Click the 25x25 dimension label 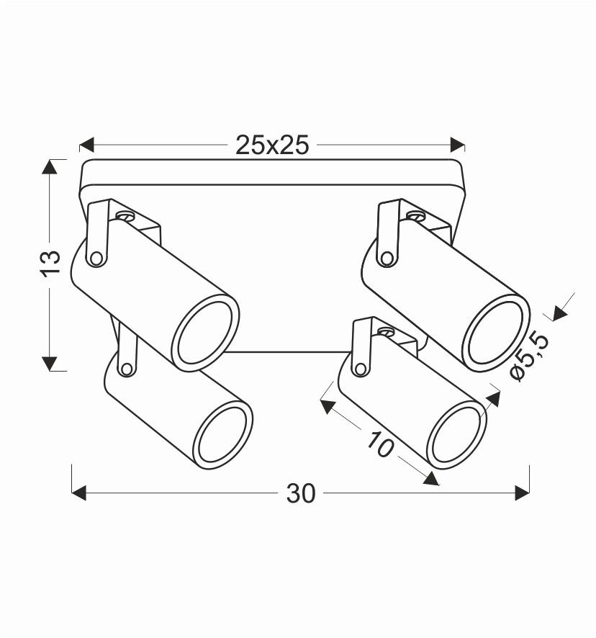point(272,145)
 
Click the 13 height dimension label point(50,264)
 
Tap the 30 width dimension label point(301,493)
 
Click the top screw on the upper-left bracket point(126,215)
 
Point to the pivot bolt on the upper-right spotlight point(387,257)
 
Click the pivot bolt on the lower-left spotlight point(127,369)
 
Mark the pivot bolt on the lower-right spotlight point(359,367)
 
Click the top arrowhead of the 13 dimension point(50,167)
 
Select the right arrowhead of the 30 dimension point(522,493)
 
